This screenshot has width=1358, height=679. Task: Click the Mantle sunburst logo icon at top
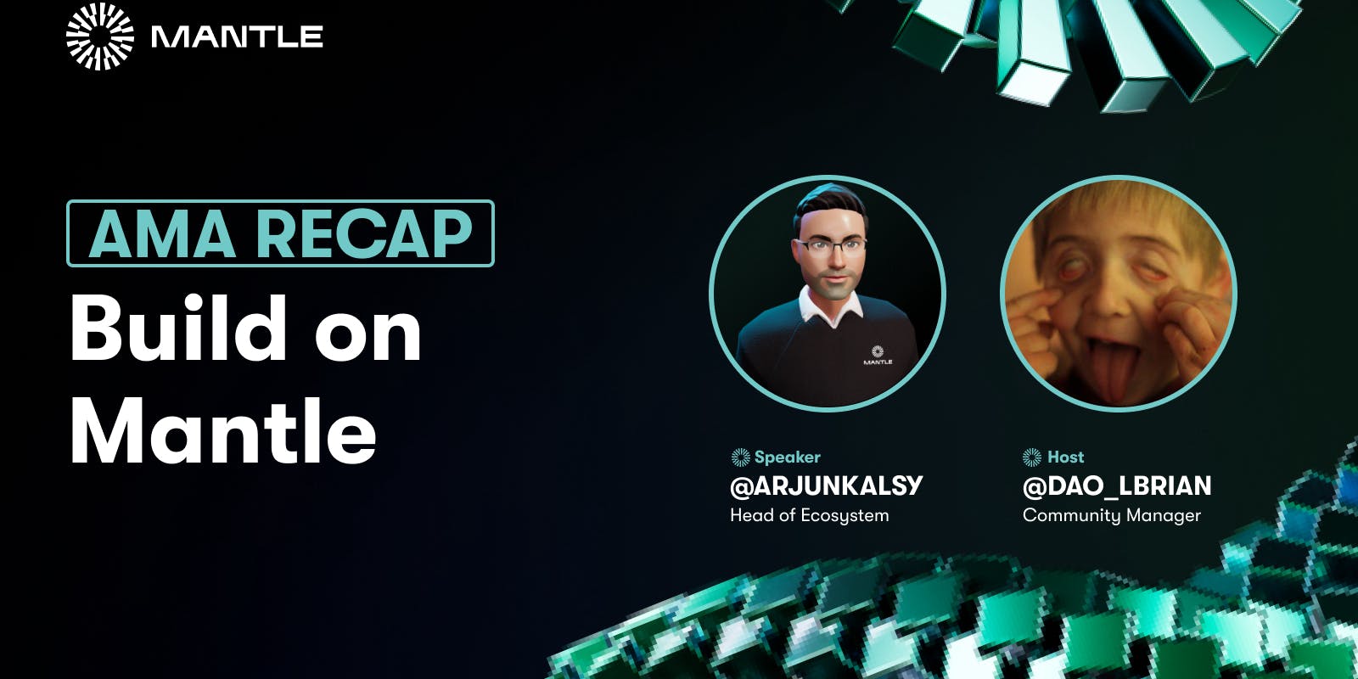(x=100, y=36)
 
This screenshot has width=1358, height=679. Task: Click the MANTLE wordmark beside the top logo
(x=237, y=37)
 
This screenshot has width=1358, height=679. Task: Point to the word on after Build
(x=368, y=337)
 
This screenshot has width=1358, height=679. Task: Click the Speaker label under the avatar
(x=787, y=457)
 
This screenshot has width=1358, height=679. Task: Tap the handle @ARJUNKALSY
(x=827, y=485)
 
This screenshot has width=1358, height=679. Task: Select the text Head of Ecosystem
(x=810, y=515)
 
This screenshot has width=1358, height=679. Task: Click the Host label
(x=1066, y=457)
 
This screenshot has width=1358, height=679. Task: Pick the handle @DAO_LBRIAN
(x=1117, y=486)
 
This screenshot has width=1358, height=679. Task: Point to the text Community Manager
(x=1111, y=515)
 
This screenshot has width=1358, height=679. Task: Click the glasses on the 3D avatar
(x=832, y=246)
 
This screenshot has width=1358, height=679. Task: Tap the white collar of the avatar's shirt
(x=829, y=308)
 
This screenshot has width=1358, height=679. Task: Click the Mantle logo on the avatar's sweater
(x=878, y=356)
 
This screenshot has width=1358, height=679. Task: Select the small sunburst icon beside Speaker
(x=741, y=457)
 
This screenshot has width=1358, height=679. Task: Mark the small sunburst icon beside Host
(x=1032, y=457)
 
